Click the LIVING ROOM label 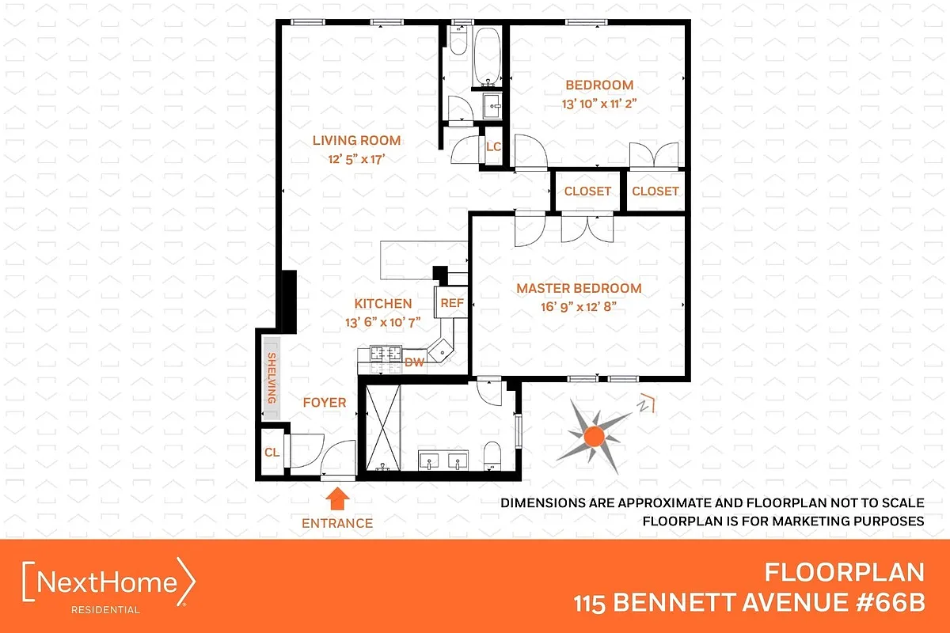coord(356,141)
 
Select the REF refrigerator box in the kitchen coord(451,302)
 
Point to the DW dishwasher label coord(414,362)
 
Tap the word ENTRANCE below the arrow coord(337,523)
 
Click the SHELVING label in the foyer coord(272,379)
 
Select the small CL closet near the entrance coord(271,453)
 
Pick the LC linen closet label coord(493,146)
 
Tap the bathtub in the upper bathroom coord(487,57)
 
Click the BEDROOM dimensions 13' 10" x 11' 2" coord(598,102)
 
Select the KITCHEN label coord(382,304)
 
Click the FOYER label coord(325,403)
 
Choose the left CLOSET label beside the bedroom coord(587,191)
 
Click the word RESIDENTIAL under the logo coord(105,610)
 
